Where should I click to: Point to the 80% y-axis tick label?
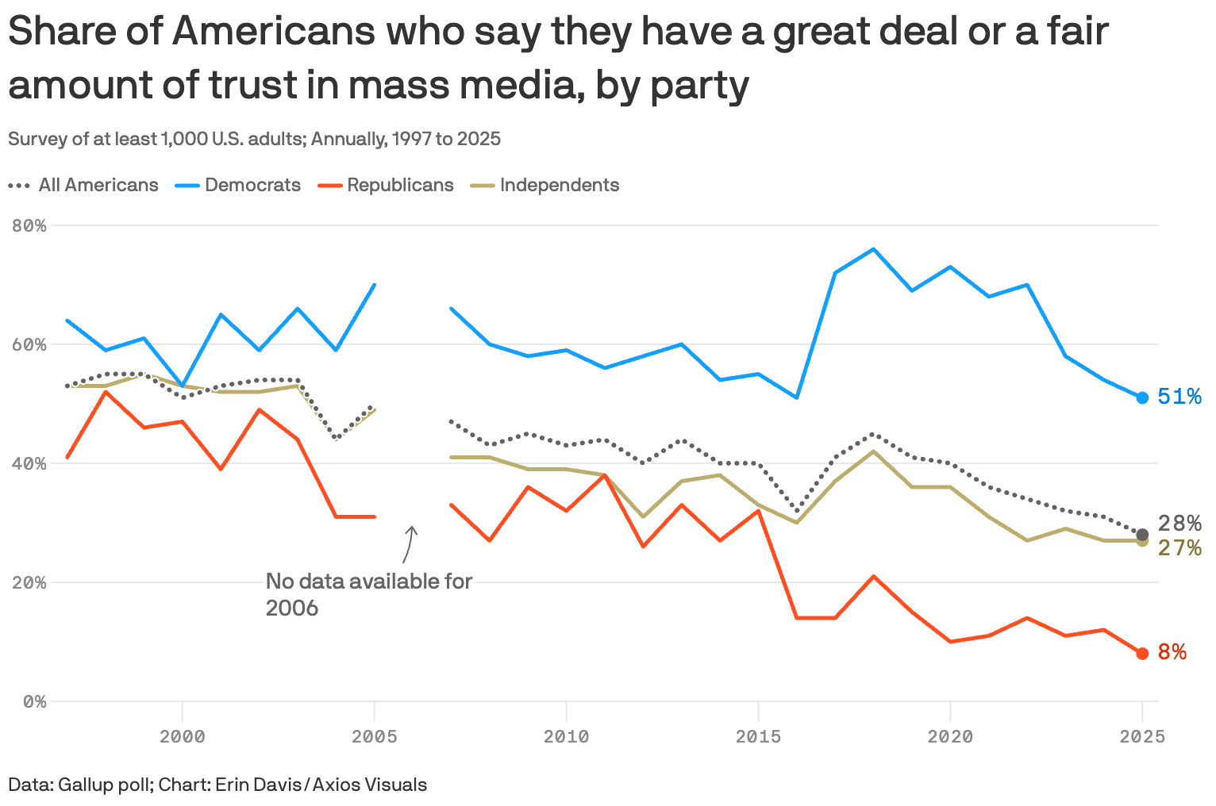click(x=29, y=225)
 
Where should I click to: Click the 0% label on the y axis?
click(x=34, y=701)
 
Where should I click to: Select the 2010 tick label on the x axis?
click(x=566, y=737)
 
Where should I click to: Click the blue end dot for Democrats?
click(x=1142, y=397)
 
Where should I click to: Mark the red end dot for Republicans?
click(x=1142, y=654)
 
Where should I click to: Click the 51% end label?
click(x=1179, y=397)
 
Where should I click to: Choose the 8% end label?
click(x=1172, y=653)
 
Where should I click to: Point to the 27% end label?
click(x=1179, y=548)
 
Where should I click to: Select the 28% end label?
click(x=1179, y=524)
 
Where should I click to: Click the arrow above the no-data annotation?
click(x=410, y=543)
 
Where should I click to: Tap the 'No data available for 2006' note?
click(x=368, y=594)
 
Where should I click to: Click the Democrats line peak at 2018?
click(x=873, y=249)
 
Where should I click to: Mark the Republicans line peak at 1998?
click(x=106, y=392)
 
